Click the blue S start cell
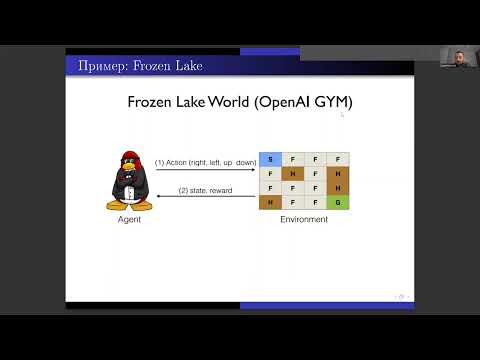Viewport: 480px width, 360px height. click(x=269, y=158)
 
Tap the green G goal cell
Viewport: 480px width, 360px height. click(x=340, y=202)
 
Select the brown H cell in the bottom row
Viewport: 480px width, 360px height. click(x=269, y=202)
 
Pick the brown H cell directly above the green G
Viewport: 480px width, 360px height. click(x=340, y=187)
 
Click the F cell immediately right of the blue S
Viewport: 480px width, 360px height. click(x=293, y=158)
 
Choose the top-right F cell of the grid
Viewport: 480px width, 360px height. click(x=340, y=158)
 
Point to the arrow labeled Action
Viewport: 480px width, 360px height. click(x=205, y=170)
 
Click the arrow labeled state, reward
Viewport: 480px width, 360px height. click(x=205, y=196)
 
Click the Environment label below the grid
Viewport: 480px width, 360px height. click(x=304, y=220)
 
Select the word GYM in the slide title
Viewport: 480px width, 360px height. click(x=334, y=102)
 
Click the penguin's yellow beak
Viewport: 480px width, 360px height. click(x=129, y=171)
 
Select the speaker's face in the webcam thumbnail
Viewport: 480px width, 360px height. click(x=459, y=56)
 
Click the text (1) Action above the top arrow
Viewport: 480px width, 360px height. click(x=170, y=162)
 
